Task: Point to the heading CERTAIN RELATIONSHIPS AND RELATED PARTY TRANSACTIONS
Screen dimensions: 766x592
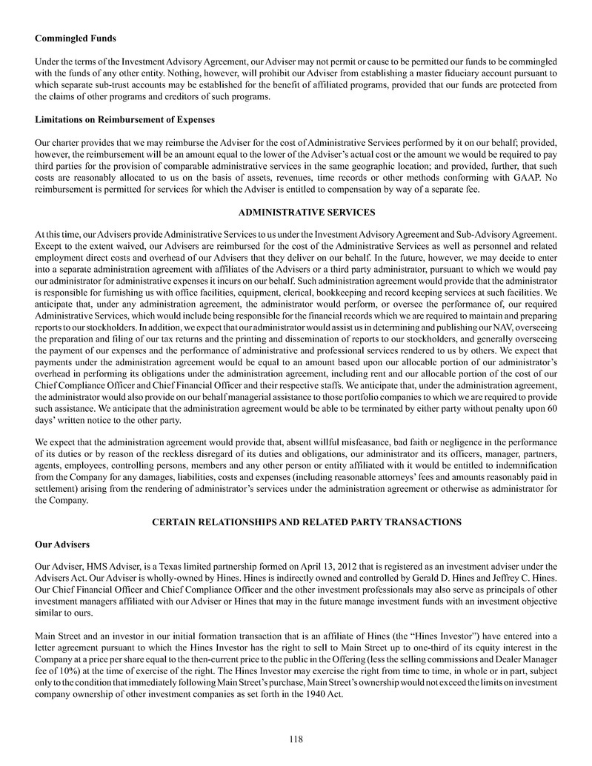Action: (x=306, y=522)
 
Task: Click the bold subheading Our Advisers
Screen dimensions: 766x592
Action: (x=63, y=544)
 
